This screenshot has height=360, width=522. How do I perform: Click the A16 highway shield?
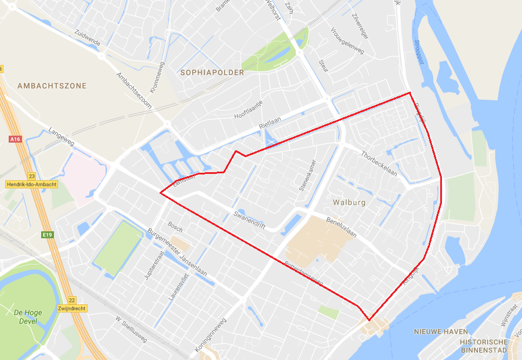click(15, 139)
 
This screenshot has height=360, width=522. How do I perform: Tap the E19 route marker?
click(48, 235)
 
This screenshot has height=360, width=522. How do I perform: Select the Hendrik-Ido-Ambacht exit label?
click(32, 184)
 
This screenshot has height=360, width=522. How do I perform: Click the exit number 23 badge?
click(31, 176)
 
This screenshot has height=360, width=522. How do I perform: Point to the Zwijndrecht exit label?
click(72, 308)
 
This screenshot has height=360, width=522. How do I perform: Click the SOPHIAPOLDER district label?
click(212, 73)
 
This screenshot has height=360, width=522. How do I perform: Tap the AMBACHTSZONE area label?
click(52, 86)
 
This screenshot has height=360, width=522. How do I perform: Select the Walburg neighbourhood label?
click(350, 203)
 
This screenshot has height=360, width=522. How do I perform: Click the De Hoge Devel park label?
click(28, 317)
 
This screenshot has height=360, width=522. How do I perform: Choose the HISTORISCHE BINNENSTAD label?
click(484, 346)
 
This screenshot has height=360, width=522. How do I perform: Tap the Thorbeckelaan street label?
click(379, 163)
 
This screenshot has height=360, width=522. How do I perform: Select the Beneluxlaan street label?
click(341, 227)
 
